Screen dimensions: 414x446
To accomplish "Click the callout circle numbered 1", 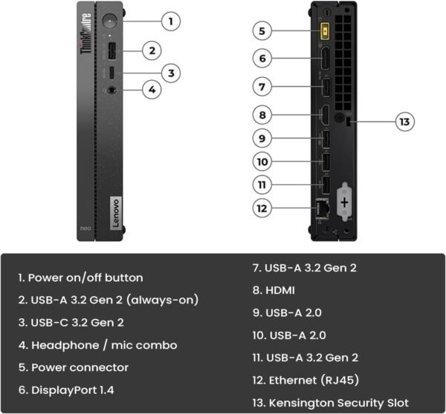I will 170,21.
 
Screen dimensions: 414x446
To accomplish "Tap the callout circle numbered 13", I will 404,122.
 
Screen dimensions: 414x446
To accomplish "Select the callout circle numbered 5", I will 261,31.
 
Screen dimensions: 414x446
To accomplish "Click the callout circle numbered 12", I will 261,208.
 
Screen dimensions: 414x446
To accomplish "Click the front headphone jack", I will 111,90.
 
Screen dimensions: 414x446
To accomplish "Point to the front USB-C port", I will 111,73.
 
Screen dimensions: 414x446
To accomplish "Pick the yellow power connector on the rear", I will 325,31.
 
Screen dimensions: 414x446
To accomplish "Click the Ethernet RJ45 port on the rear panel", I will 324,208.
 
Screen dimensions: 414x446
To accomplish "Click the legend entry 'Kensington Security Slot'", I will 331,402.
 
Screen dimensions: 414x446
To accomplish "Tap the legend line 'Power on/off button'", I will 80,277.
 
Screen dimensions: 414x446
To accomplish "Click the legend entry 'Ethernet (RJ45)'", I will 306,380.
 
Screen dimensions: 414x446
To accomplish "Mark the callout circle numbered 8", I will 261,115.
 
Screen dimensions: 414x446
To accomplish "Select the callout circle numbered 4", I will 151,90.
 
